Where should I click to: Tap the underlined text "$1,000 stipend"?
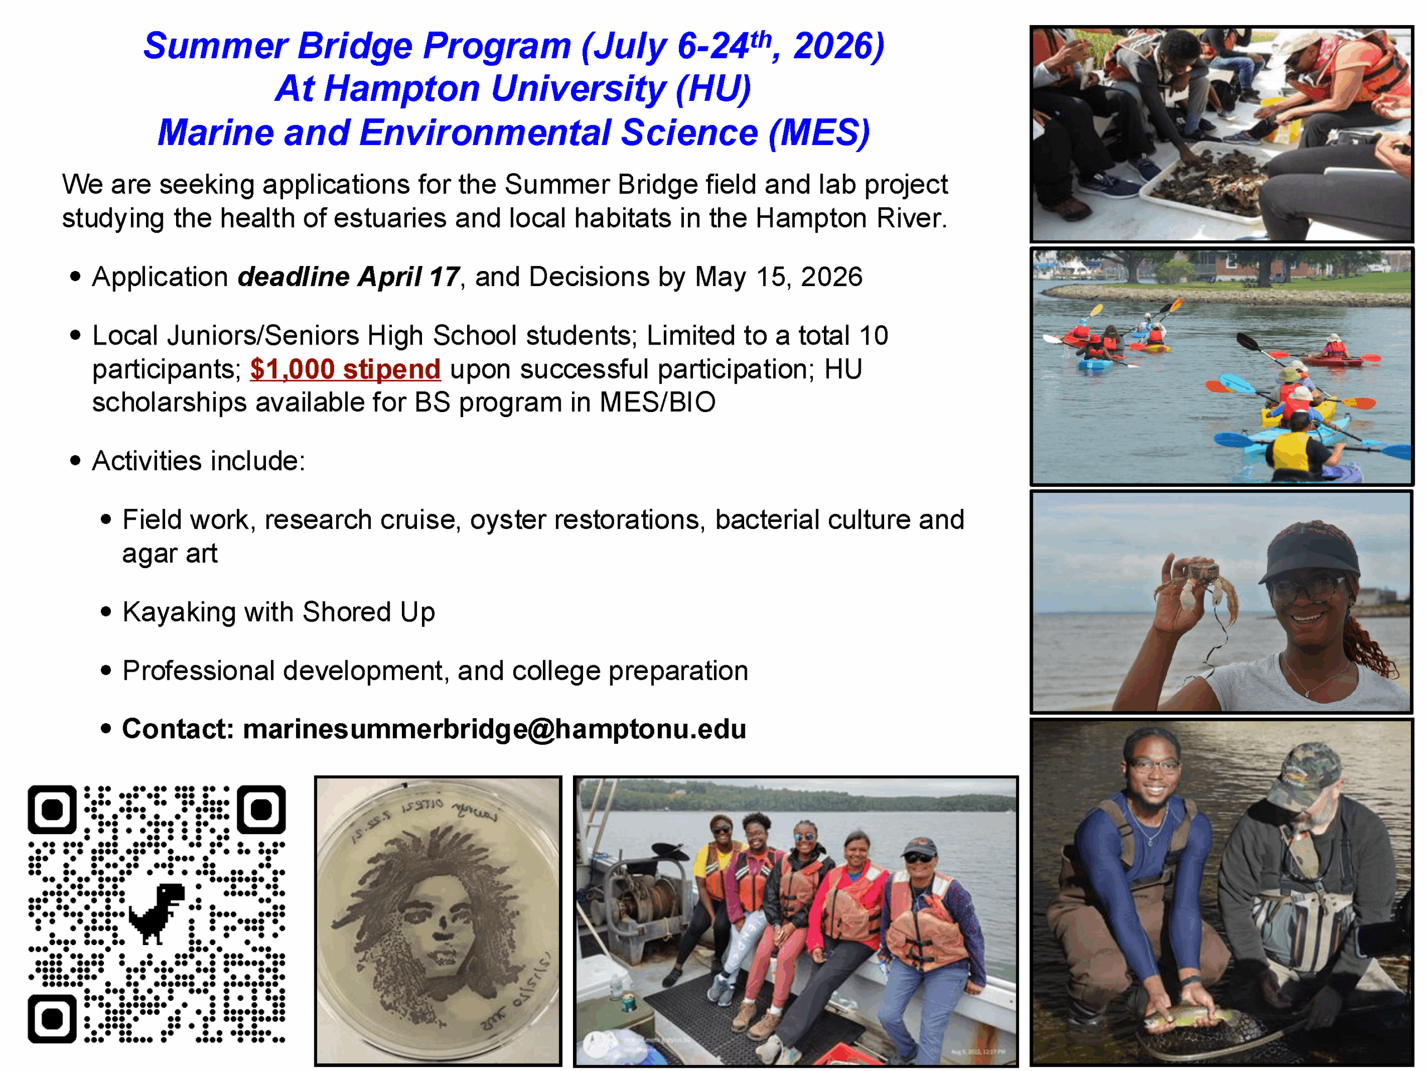click(345, 369)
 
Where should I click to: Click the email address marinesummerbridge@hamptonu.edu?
click(494, 729)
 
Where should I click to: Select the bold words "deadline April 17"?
click(348, 277)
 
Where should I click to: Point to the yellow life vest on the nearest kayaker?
click(1290, 452)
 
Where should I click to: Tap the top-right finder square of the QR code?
click(261, 809)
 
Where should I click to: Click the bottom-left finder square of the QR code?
click(52, 1018)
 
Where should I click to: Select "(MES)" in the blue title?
click(819, 133)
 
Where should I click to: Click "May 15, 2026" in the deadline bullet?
click(779, 277)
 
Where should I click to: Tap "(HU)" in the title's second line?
click(713, 89)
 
